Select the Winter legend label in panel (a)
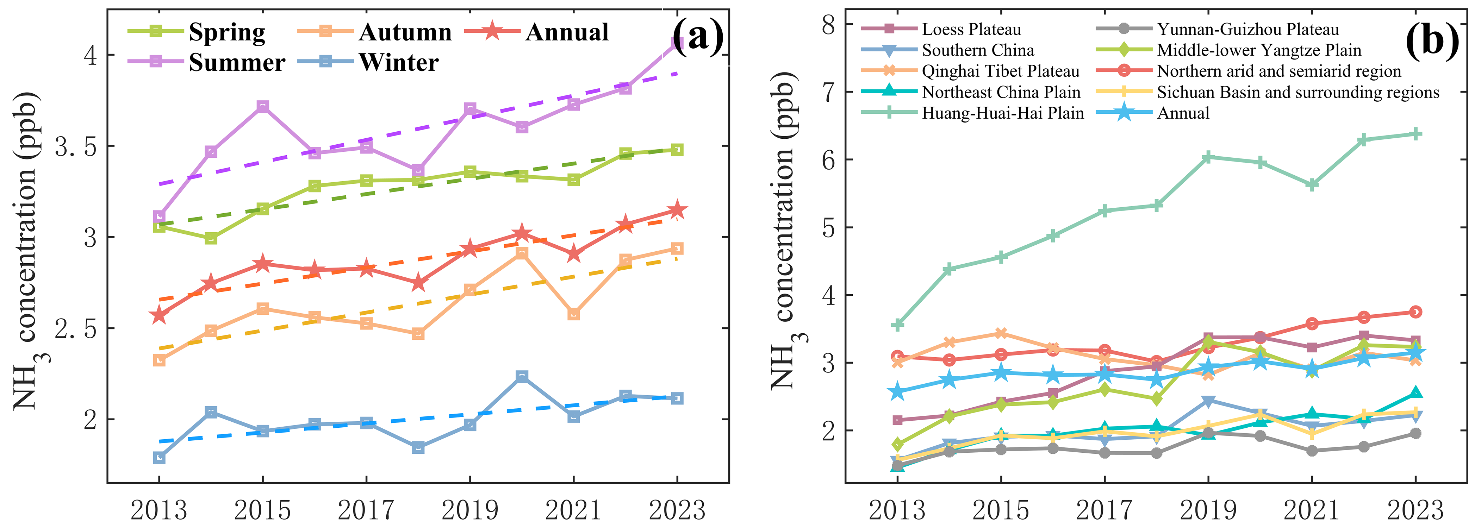click(x=398, y=62)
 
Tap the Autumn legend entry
click(x=405, y=32)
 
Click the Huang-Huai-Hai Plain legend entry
click(x=1003, y=113)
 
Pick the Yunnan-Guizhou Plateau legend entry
click(x=1247, y=29)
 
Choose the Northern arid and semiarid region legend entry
click(x=1278, y=71)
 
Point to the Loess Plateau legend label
click(x=971, y=29)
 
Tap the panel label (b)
click(x=1432, y=40)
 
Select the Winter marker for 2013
click(x=159, y=457)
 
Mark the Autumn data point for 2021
click(x=573, y=314)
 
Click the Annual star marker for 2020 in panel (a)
click(x=522, y=233)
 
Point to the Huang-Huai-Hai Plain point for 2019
click(x=1208, y=157)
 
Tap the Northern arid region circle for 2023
click(x=1415, y=312)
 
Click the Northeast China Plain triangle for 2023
click(x=1415, y=393)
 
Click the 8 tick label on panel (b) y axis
click(x=828, y=25)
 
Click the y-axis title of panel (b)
click(x=785, y=230)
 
